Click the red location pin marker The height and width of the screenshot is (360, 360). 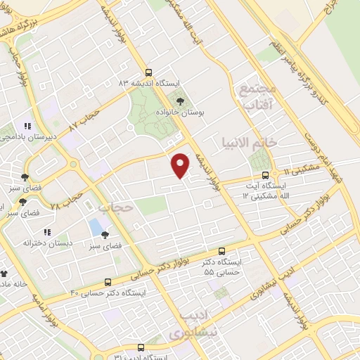(x=181, y=166)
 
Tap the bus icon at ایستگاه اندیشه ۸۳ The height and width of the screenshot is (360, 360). (x=148, y=72)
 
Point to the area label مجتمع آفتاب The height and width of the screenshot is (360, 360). (x=253, y=97)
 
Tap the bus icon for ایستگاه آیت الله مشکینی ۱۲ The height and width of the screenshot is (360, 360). (x=265, y=175)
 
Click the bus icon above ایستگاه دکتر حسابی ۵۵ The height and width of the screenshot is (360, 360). (x=222, y=250)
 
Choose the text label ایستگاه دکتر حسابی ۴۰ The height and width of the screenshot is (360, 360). (x=108, y=291)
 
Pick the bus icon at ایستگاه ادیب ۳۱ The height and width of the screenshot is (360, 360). (x=141, y=347)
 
